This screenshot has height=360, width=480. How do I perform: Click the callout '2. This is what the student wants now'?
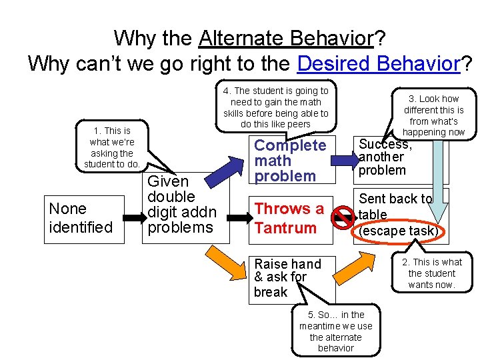[x=431, y=273]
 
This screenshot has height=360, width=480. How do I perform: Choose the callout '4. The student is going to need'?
[x=275, y=107]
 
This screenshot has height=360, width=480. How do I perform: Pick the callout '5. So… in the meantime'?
[x=336, y=331]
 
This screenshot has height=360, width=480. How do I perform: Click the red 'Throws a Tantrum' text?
[x=288, y=218]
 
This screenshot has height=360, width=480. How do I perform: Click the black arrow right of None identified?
[x=133, y=218]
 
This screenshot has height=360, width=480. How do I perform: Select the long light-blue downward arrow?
[x=437, y=180]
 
